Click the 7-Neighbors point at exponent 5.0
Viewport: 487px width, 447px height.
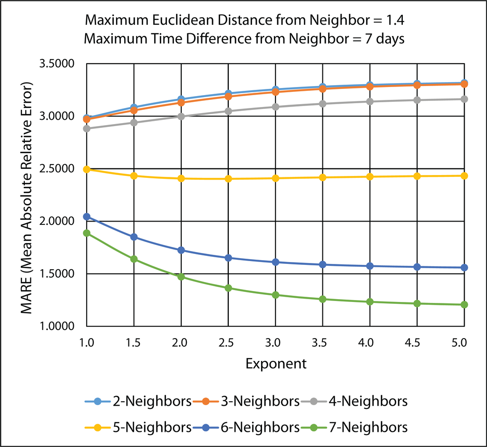click(464, 304)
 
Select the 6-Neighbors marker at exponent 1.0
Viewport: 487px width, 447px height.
click(87, 216)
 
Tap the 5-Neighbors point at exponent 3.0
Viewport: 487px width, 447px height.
click(275, 178)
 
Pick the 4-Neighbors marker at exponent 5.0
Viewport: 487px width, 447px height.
click(464, 99)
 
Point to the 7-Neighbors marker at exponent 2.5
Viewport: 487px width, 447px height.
click(228, 288)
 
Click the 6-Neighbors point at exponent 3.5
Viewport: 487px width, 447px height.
click(322, 264)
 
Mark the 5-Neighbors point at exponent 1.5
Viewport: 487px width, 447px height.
click(134, 175)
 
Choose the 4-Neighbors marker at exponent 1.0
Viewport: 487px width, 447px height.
click(87, 128)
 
